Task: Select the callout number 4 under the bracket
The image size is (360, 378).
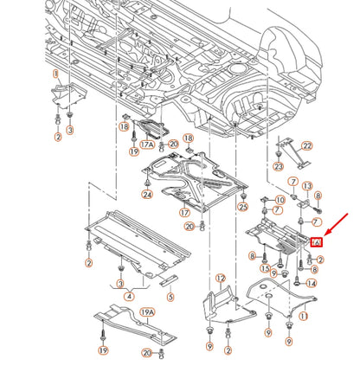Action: (129, 297)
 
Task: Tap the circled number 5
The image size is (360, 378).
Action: (170, 296)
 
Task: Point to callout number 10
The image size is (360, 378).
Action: (280, 200)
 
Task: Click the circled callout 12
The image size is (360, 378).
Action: (220, 279)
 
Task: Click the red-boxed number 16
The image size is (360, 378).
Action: (316, 245)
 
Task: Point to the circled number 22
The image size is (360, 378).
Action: (306, 146)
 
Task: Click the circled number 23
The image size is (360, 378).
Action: (278, 164)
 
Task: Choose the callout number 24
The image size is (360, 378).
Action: (147, 195)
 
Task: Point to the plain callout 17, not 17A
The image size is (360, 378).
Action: (184, 213)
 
